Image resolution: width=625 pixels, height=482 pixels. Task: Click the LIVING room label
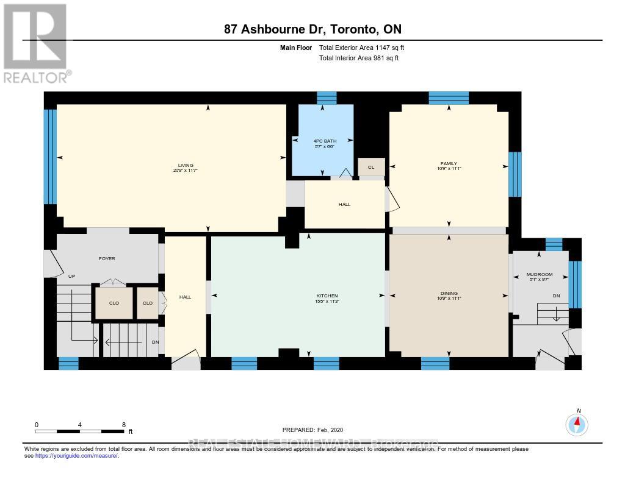(186, 165)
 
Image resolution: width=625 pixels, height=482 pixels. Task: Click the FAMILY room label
(449, 164)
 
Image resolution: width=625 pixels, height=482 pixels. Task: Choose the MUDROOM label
(539, 275)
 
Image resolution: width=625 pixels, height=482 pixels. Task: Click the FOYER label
(107, 258)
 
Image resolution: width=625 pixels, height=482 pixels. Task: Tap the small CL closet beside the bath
(370, 167)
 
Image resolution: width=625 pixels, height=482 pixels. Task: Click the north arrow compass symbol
(577, 423)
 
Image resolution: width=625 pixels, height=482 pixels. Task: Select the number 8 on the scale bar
(124, 425)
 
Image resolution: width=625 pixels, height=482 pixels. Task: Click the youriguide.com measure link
(77, 455)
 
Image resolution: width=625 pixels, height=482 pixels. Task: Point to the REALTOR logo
(37, 43)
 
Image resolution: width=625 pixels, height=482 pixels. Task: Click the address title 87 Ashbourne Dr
(312, 30)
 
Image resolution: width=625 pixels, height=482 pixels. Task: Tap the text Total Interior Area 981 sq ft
(360, 58)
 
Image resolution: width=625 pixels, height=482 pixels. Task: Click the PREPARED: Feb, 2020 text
(317, 430)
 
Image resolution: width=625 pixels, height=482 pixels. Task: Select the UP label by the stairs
(71, 276)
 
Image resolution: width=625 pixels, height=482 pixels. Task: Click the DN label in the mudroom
(556, 296)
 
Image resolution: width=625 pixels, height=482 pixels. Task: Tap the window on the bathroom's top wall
(327, 97)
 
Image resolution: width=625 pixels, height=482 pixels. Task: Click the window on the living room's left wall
(50, 157)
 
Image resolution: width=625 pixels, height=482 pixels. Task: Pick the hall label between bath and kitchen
(344, 204)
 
